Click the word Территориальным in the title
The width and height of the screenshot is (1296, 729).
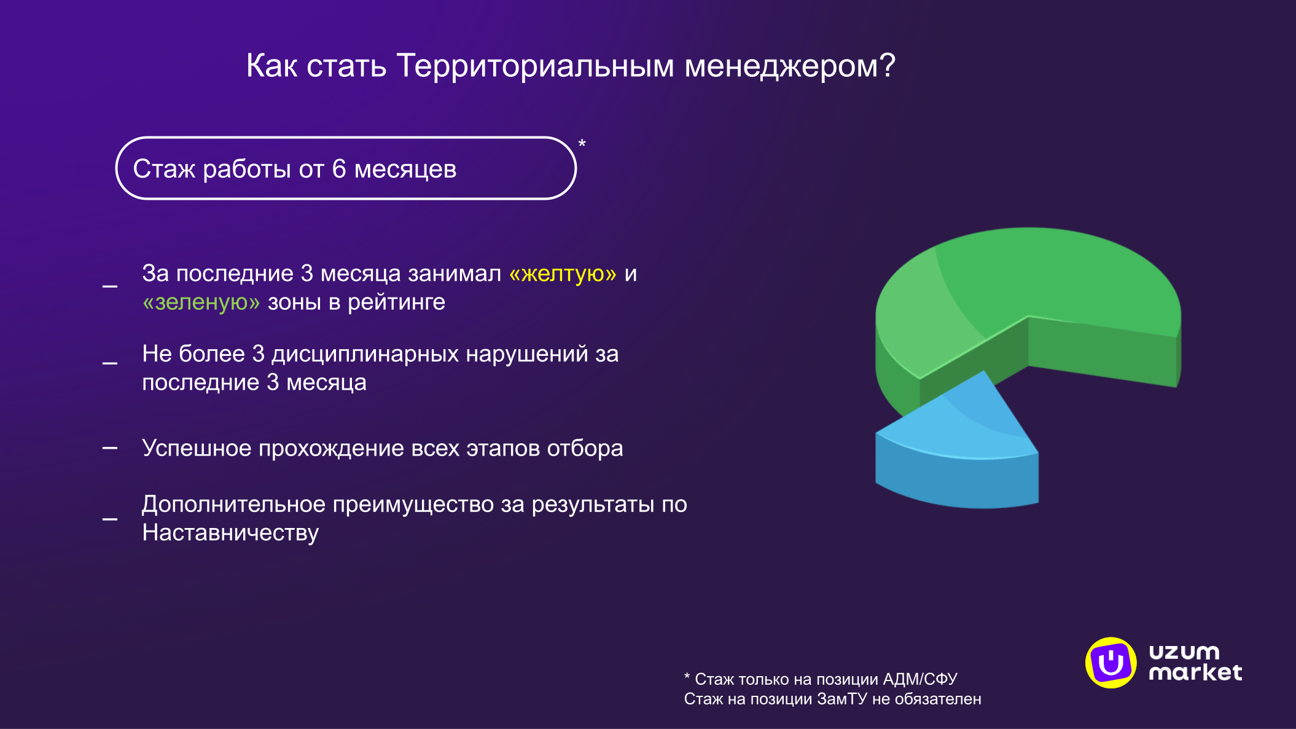pos(535,66)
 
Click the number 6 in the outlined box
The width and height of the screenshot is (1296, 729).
pos(339,168)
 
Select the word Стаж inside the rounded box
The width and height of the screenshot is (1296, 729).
pos(163,169)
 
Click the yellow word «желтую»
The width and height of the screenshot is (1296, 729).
pos(563,274)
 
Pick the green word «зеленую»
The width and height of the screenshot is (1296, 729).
pos(201,302)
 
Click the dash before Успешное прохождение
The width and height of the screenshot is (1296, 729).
pos(110,448)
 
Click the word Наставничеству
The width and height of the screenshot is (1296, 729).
pos(230,532)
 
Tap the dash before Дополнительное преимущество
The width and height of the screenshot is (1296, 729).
pos(110,519)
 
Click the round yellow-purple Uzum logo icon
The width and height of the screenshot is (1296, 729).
pos(1111,663)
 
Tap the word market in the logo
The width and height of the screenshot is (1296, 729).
pos(1195,672)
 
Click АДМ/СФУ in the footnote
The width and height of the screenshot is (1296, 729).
pos(919,679)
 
